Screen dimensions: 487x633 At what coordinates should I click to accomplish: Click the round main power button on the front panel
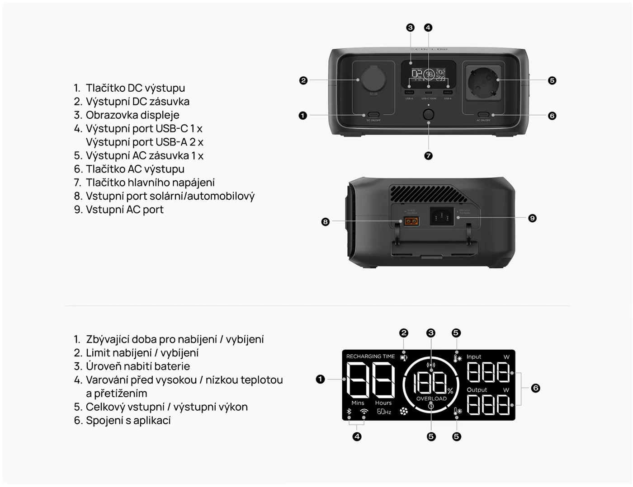428,114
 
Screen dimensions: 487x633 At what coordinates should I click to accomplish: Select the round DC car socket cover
373,80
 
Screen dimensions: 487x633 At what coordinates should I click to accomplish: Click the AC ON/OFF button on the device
483,115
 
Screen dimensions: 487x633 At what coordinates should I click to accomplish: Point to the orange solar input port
411,221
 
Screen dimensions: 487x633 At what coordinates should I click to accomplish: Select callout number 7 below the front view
428,156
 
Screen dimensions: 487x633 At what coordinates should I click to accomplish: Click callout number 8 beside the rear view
325,222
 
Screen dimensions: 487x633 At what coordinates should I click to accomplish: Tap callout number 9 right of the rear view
532,218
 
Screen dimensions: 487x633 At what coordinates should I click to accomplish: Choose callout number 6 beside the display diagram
535,388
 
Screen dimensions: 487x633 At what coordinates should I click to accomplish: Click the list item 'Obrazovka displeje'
132,115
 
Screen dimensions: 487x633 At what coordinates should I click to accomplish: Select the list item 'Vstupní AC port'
124,210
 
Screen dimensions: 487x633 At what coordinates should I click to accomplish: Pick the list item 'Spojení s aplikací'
128,421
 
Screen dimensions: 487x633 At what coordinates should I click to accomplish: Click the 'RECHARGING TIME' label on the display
370,356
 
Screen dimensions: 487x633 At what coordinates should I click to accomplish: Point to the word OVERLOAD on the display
431,398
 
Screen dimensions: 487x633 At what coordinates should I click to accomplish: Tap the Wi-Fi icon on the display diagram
364,412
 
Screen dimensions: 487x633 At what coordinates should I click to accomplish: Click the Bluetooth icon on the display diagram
349,412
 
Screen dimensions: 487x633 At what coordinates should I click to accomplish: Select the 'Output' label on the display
477,389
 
